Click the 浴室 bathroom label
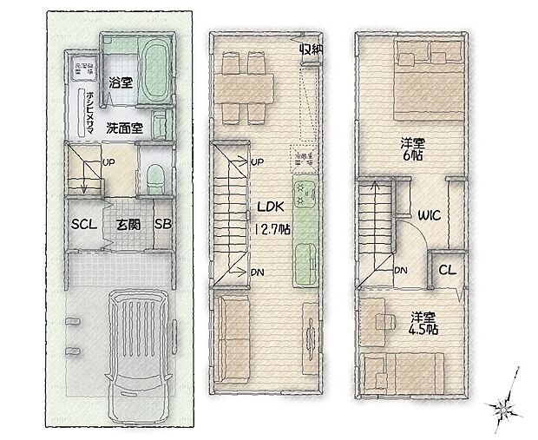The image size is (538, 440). (120, 84)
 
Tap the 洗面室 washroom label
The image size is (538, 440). (125, 128)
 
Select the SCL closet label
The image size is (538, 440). (83, 223)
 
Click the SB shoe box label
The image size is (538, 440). (162, 223)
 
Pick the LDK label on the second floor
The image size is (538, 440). (268, 207)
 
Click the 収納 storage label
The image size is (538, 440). (312, 49)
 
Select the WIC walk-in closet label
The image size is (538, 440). (429, 214)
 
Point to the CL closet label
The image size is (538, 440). (447, 269)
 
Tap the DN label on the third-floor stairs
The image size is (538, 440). (402, 271)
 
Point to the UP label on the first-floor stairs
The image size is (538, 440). (110, 162)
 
